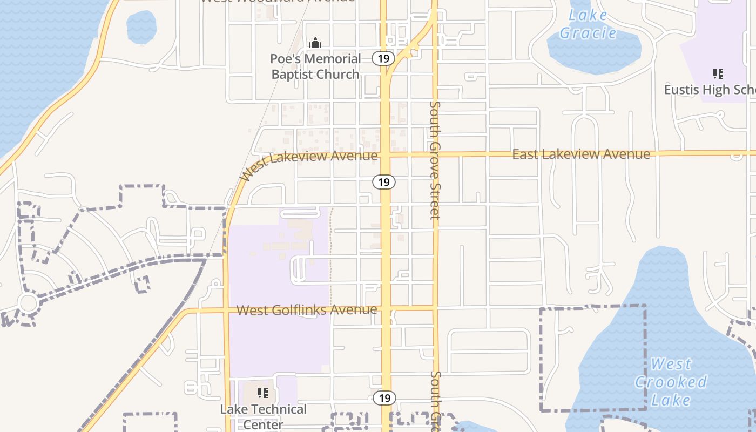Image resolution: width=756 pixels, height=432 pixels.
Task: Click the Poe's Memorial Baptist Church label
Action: pos(315,66)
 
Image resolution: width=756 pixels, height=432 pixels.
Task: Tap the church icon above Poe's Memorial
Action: pos(315,43)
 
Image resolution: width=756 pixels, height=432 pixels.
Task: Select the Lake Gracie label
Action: pos(588,24)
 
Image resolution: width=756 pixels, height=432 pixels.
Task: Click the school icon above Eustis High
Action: pos(718,74)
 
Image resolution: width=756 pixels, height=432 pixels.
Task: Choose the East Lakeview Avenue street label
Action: pos(581,154)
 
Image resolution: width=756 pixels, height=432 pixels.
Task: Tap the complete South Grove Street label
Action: pos(435,160)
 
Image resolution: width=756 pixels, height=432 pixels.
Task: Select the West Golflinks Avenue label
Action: pos(307,310)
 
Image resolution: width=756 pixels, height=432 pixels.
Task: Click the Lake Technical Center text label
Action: pos(263,417)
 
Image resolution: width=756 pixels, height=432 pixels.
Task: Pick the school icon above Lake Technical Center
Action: pos(263,393)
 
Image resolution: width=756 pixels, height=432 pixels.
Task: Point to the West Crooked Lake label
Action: pos(671,382)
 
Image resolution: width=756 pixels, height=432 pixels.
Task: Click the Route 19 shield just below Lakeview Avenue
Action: pos(383,182)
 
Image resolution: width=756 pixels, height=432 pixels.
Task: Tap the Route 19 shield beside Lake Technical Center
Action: pos(384,399)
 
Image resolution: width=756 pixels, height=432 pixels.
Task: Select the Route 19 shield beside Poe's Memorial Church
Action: pos(383,59)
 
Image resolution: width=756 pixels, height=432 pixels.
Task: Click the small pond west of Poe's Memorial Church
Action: pos(141,27)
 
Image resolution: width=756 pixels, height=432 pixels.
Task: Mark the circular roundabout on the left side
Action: pos(28,302)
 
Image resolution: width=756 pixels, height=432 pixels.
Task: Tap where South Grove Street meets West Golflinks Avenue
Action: pos(435,308)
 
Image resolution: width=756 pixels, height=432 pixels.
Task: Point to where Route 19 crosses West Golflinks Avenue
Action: pos(386,309)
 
